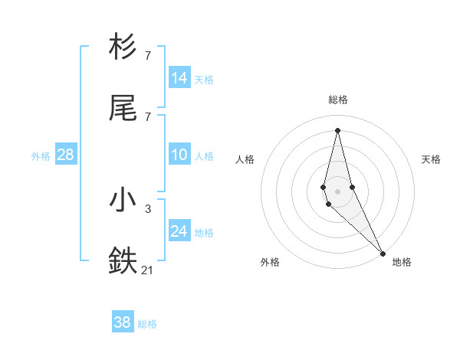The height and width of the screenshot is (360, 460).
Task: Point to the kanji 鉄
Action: tap(123, 261)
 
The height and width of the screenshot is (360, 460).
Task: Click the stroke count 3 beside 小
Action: tap(148, 208)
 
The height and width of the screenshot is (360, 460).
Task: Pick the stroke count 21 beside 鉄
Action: tap(148, 270)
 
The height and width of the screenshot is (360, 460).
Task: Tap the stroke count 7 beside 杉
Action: tap(148, 55)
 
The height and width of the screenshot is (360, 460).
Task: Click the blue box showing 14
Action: tap(179, 78)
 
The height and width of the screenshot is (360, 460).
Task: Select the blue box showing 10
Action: tap(179, 155)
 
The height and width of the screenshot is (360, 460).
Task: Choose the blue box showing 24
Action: tap(179, 231)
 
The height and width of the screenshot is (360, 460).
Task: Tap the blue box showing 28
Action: tap(66, 155)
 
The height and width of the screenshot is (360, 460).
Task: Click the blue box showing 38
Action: tap(123, 322)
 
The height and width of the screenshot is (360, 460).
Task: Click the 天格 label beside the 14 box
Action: tap(204, 80)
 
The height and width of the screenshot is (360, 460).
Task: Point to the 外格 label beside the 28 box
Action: tap(41, 156)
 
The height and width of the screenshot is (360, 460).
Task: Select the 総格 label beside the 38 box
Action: tap(147, 324)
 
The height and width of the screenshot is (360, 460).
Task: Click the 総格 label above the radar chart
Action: tap(338, 100)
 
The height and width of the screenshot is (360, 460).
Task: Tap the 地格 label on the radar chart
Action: tap(402, 262)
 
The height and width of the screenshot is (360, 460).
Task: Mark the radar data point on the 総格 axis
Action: tap(337, 129)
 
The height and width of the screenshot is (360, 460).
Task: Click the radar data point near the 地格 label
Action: tap(383, 252)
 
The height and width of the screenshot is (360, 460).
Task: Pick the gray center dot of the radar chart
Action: tap(337, 191)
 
